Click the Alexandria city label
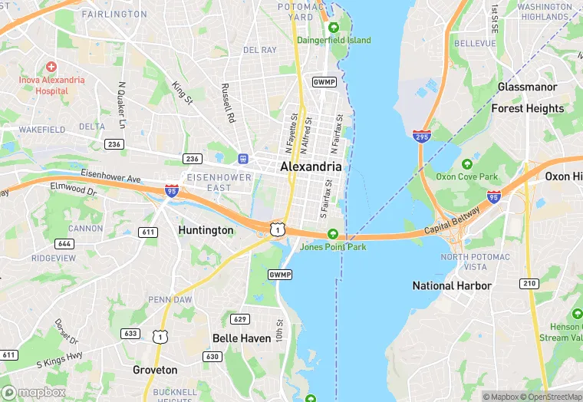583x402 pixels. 311,166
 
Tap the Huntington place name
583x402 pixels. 206,230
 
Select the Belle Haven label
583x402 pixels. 241,338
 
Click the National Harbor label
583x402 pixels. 452,285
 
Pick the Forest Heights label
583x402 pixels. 527,108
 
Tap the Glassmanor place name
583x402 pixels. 527,87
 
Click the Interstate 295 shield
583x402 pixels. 420,135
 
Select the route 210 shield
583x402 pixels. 528,283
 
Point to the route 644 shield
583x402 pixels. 64,244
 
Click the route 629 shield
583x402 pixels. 240,319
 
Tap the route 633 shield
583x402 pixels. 130,334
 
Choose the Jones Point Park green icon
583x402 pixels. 332,234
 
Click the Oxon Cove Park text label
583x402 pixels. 466,176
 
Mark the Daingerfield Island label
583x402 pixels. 338,40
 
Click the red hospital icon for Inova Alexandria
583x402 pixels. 51,68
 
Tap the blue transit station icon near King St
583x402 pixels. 243,158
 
